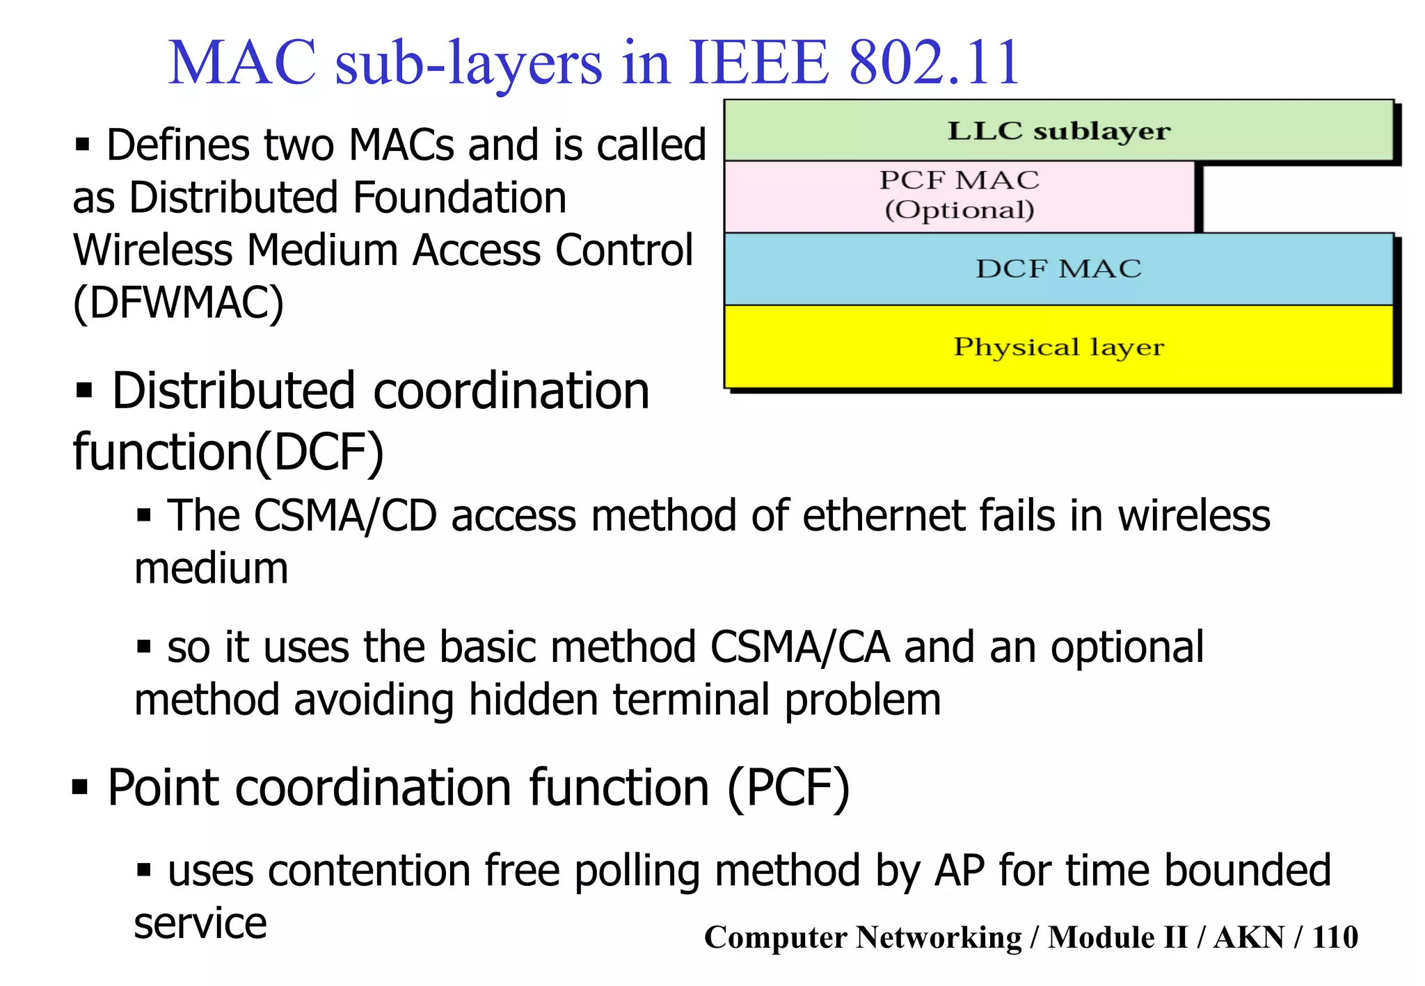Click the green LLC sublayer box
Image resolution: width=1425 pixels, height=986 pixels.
point(1058,131)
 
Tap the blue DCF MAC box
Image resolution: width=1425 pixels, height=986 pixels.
point(1058,269)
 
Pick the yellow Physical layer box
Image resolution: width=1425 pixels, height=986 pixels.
point(1058,346)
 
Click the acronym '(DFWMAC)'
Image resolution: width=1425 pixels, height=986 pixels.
point(179,302)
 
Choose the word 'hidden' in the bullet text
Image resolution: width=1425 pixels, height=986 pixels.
point(533,700)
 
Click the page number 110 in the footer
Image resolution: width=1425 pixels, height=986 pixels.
point(1335,937)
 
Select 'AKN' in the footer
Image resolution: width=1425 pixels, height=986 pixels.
point(1249,937)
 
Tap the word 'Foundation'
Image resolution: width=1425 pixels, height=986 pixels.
point(459,197)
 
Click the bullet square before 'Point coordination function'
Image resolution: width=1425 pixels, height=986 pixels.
point(81,788)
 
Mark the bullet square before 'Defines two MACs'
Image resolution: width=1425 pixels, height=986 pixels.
point(83,145)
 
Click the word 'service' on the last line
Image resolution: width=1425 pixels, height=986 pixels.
point(200,923)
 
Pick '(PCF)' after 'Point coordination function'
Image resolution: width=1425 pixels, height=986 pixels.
point(788,788)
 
